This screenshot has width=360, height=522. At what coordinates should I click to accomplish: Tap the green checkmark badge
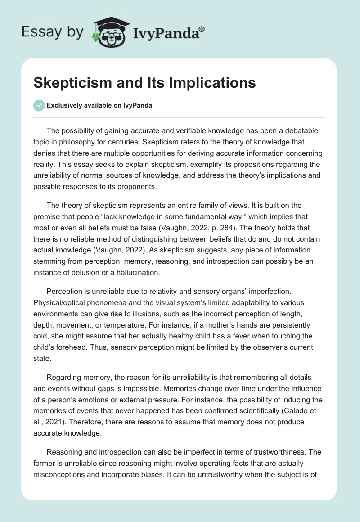tap(39, 105)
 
